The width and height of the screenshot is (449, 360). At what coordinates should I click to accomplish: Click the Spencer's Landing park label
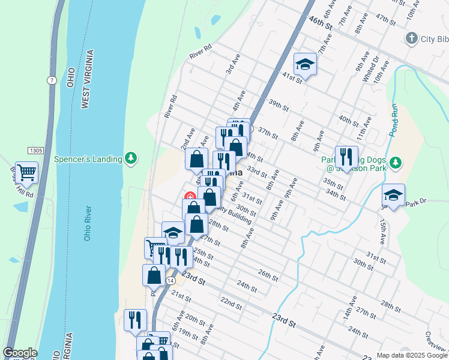click(88, 159)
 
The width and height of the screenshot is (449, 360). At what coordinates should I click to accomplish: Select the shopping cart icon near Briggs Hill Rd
click(26, 173)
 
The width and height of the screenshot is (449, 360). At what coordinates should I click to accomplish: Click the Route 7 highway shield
click(53, 80)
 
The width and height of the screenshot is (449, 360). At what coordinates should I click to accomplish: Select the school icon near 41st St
click(305, 64)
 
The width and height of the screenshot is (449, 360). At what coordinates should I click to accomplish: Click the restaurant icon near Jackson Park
click(346, 157)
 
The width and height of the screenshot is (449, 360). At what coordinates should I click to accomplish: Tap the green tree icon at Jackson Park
click(395, 162)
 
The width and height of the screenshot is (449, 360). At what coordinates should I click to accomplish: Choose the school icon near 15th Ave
click(393, 195)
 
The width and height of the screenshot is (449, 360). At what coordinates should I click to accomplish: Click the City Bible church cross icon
click(411, 39)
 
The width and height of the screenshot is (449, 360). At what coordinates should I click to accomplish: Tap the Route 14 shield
click(171, 280)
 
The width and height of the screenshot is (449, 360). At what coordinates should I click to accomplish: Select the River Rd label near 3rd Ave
click(200, 52)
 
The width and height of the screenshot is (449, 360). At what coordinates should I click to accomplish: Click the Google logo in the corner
click(20, 353)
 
